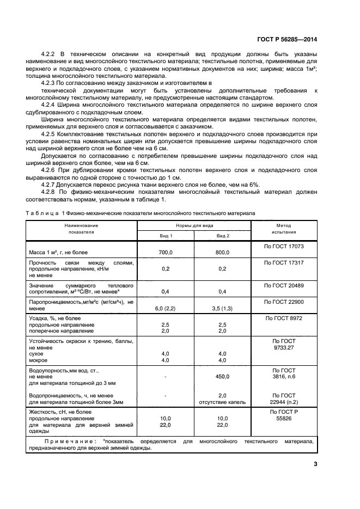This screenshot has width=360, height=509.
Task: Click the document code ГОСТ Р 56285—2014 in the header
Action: pos(286,39)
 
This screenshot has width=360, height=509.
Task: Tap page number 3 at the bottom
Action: pos(315,464)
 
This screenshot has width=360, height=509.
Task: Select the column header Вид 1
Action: pos(166,236)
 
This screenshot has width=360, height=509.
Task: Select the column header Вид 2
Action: pos(223,236)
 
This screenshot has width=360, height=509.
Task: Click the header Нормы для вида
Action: pos(194,225)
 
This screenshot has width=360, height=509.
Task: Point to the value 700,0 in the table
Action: pos(166,253)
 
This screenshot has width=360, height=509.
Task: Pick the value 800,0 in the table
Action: pos(223,253)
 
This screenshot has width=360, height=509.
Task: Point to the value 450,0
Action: pos(223,376)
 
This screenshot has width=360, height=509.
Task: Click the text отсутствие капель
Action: pos(223,402)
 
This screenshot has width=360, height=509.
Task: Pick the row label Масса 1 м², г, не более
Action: pos(58,253)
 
